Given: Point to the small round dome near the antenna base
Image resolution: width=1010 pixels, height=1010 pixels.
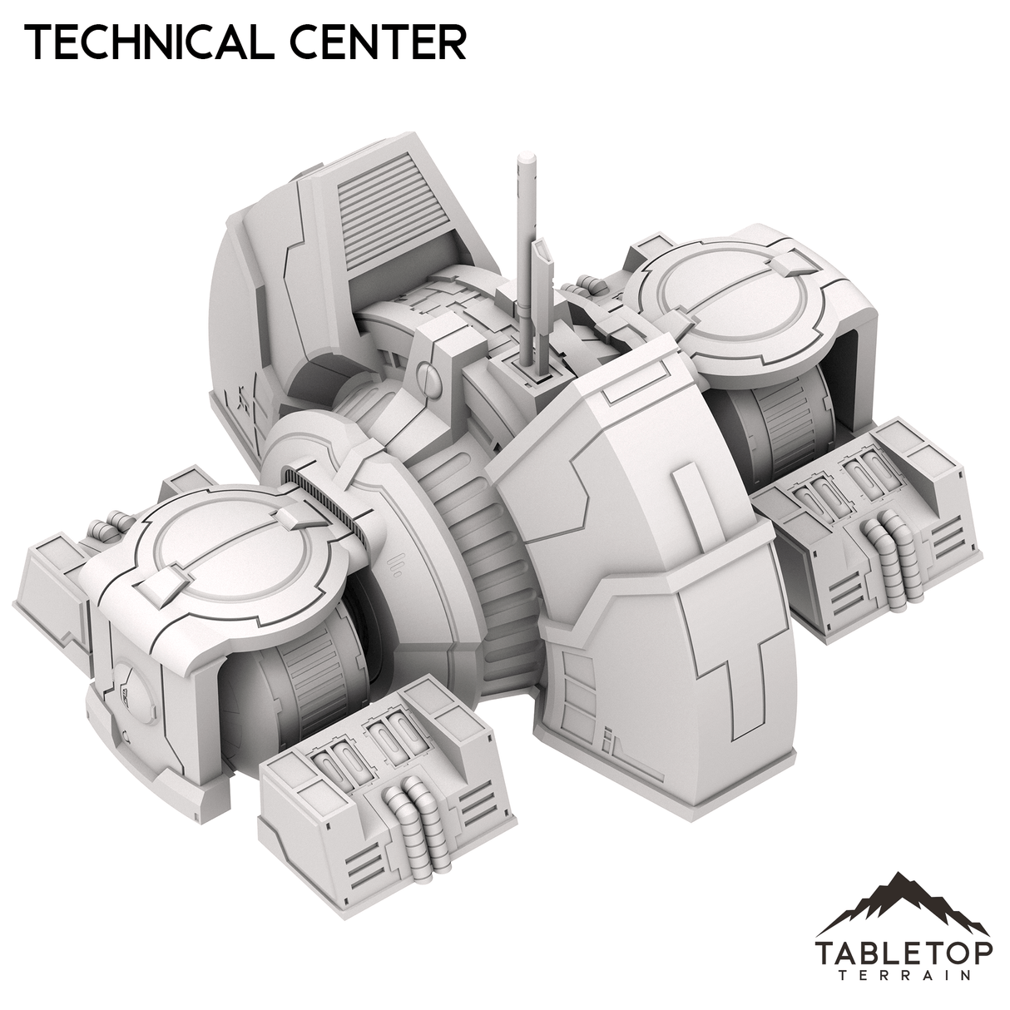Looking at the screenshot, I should coord(424,374).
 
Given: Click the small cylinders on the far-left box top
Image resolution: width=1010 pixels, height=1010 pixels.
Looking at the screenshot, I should coord(104,527).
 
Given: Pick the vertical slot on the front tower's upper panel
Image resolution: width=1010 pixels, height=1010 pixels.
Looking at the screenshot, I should coord(684,499).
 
